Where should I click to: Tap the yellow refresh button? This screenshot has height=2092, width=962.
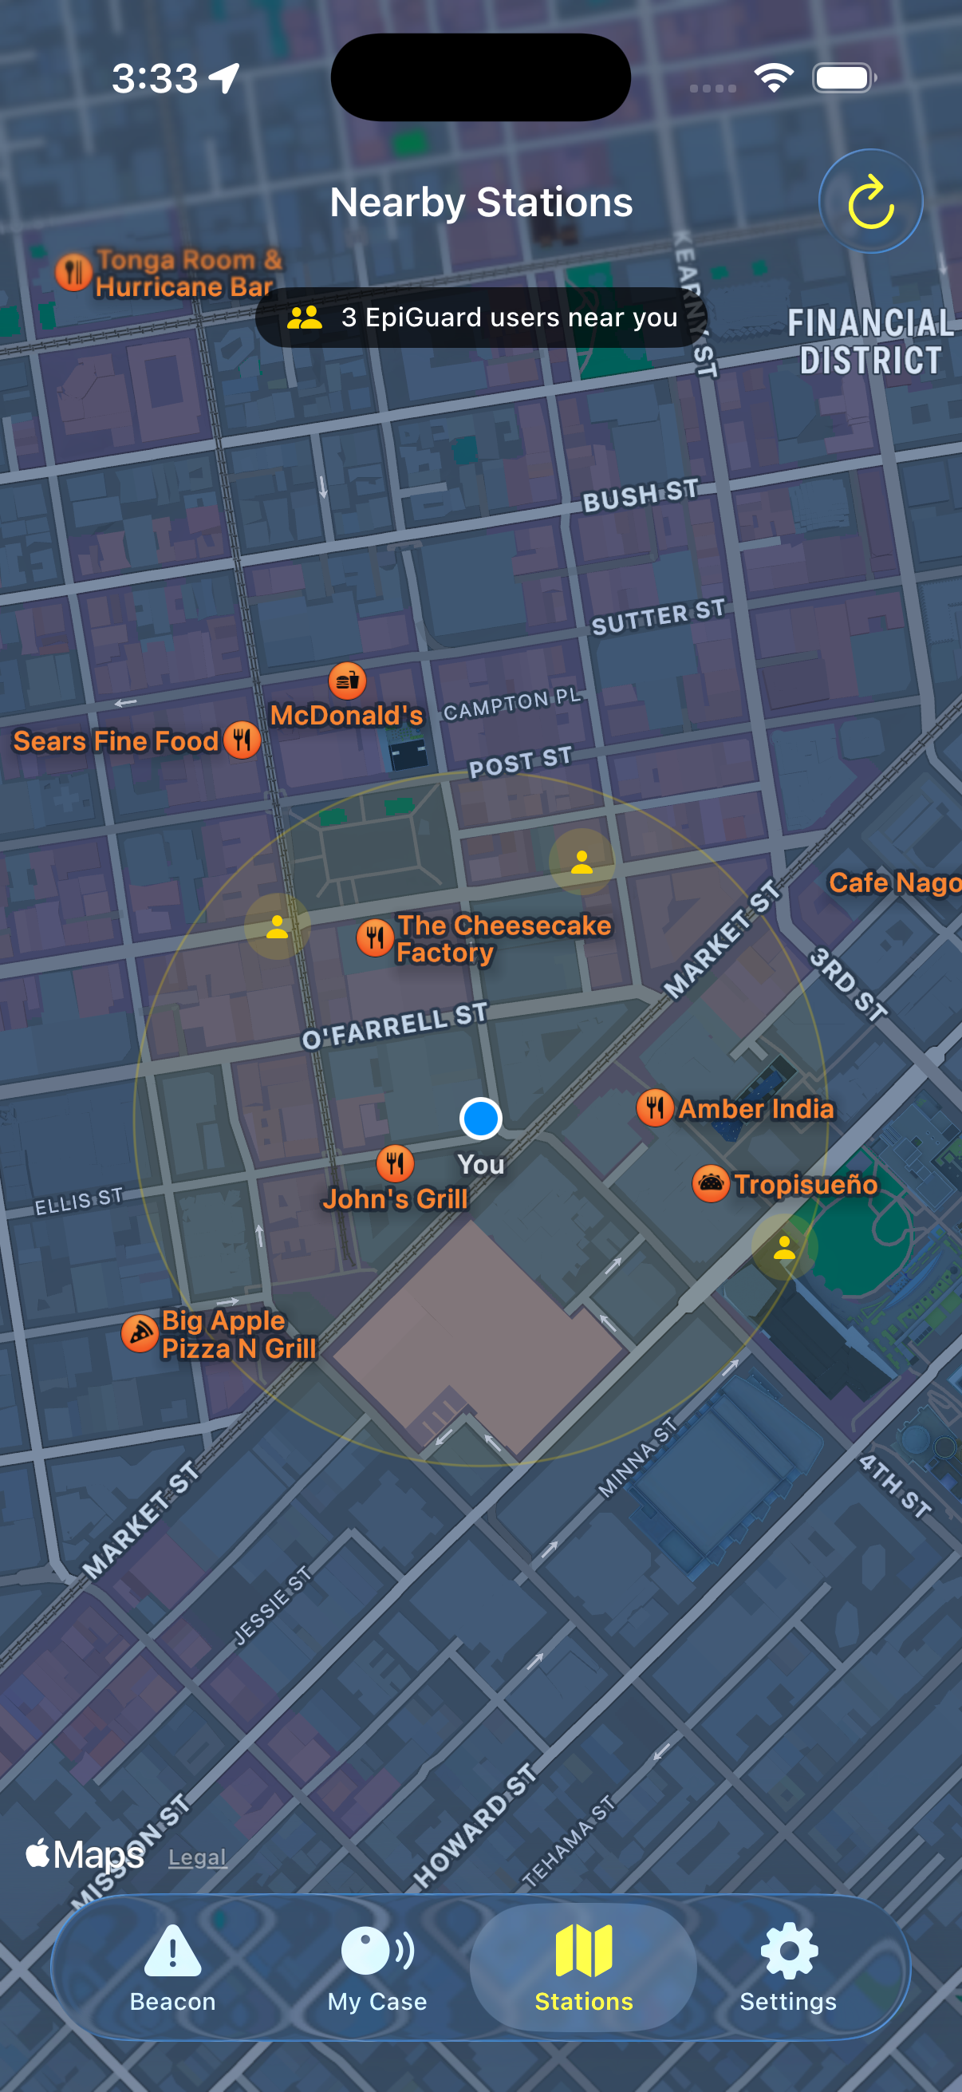(870, 201)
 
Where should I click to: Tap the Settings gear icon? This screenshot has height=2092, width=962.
(788, 1951)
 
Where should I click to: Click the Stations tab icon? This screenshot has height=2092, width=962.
(584, 1951)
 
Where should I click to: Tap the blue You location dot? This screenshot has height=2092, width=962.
(480, 1119)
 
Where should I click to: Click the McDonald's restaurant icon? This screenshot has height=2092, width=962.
(348, 681)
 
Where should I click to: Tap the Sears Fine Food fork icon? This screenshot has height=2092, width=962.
(242, 740)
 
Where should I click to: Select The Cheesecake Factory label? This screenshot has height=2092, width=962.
(503, 939)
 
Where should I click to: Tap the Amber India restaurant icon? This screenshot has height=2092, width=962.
(655, 1107)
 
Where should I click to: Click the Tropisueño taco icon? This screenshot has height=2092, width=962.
(712, 1183)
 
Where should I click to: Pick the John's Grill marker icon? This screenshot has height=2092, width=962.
(396, 1163)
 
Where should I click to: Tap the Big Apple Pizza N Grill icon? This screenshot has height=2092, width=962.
(140, 1333)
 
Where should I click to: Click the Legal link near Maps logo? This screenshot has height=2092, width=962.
(197, 1857)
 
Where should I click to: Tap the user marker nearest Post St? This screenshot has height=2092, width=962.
(582, 862)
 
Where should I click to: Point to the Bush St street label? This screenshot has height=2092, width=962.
(641, 495)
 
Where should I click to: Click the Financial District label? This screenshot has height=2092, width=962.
(871, 342)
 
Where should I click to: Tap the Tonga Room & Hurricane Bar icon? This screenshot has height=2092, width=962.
(73, 272)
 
